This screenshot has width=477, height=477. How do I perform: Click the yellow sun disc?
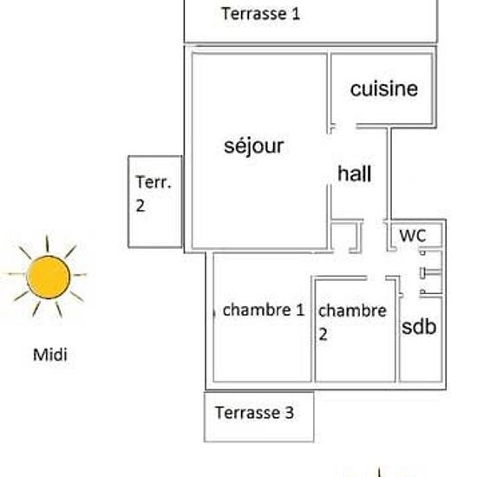49,278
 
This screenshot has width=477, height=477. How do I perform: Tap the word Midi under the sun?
50,355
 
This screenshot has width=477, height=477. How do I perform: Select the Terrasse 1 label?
261,14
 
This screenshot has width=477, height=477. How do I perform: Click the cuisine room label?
384,88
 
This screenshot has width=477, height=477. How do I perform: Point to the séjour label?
254,147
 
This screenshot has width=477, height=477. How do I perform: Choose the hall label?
355,173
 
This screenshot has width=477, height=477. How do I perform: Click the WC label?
413,235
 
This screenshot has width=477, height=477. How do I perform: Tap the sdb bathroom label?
419,327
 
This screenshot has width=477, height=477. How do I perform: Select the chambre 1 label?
264,310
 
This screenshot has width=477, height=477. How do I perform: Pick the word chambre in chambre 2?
352,310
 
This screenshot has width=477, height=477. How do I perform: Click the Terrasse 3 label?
254,413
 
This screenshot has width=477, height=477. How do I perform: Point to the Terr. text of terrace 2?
154,182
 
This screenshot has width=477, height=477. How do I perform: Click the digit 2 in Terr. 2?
140,206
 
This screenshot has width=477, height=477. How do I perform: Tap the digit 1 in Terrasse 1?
296,14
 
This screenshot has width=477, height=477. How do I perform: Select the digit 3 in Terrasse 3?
290,413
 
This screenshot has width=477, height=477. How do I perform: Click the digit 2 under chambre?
323,334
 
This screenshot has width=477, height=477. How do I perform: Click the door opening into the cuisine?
344,126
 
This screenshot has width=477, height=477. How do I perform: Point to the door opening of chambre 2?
376,278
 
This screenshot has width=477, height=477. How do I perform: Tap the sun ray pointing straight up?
47,244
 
